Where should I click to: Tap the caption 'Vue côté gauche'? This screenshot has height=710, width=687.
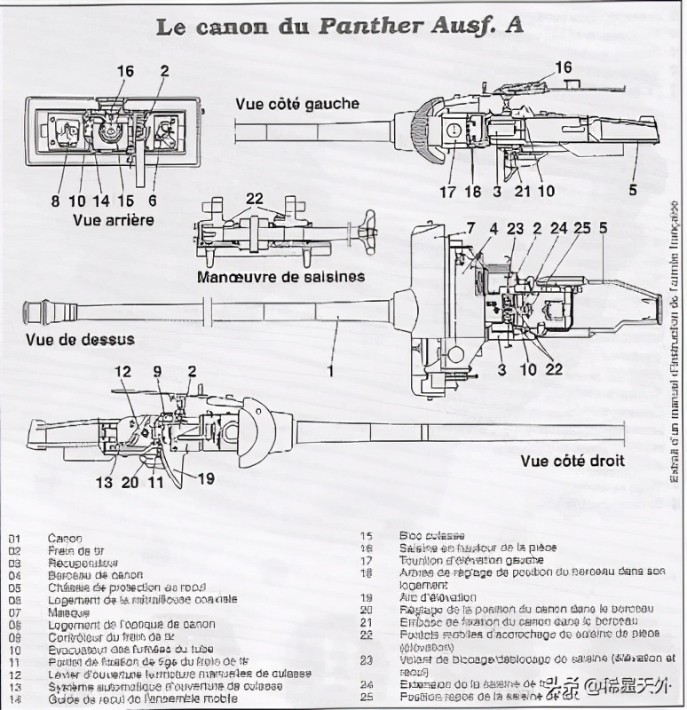click(x=297, y=104)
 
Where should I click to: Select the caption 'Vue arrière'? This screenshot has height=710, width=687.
click(x=114, y=219)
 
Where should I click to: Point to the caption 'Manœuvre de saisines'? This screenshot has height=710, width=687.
click(x=280, y=276)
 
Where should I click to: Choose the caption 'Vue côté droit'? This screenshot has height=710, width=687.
click(x=572, y=461)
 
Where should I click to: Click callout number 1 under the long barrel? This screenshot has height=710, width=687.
click(x=330, y=370)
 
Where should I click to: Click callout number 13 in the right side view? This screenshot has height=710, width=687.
click(x=105, y=483)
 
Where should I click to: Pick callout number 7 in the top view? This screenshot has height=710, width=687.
click(x=470, y=229)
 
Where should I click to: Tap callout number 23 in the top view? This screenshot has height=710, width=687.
click(x=516, y=228)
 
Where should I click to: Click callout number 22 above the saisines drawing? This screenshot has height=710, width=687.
click(x=255, y=199)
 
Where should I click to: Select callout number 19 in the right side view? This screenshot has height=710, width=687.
click(x=206, y=478)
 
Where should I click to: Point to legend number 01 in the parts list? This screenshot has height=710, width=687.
click(x=14, y=538)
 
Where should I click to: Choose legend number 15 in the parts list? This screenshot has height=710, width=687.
click(x=367, y=536)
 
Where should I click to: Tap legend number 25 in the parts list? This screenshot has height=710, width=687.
click(x=367, y=697)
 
